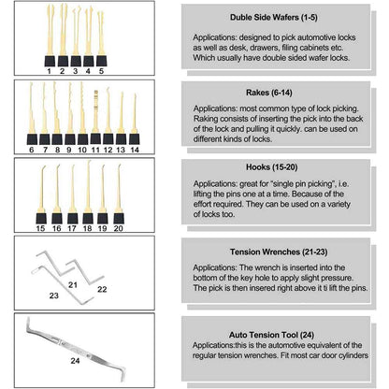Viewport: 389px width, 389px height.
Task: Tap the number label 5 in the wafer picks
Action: (x=100, y=69)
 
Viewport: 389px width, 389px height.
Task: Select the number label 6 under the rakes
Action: (x=33, y=149)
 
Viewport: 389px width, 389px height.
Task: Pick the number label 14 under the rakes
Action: (x=134, y=149)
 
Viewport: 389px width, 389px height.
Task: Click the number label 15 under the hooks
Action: (x=41, y=227)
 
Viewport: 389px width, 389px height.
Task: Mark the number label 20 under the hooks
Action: (x=118, y=227)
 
